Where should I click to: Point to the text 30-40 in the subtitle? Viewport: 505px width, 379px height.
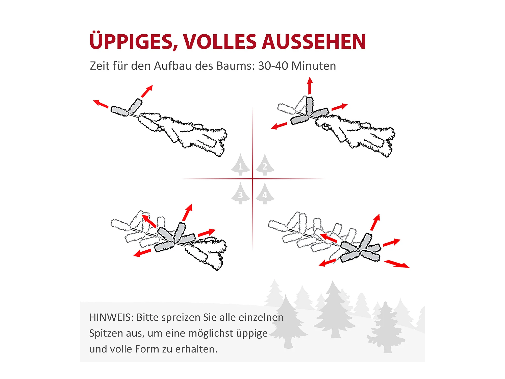click(273, 66)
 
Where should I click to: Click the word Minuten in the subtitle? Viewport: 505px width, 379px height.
click(314, 66)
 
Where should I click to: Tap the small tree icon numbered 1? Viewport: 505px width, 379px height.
click(241, 164)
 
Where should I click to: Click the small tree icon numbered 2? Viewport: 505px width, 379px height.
click(265, 164)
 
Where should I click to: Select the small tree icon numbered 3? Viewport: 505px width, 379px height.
click(241, 194)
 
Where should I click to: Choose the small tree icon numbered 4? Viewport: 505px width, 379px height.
click(265, 194)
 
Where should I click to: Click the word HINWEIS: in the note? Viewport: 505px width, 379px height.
click(111, 317)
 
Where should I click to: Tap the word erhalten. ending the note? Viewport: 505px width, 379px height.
click(196, 349)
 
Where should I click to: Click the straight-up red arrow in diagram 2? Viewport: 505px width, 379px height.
click(310, 86)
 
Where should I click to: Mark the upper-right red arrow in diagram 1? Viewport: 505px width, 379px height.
click(147, 91)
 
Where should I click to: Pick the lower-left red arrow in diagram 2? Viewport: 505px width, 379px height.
click(279, 126)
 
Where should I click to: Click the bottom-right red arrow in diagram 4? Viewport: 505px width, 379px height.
click(397, 264)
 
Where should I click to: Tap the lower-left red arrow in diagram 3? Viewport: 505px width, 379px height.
click(142, 253)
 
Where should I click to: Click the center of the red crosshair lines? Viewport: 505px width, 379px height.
click(253, 179)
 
